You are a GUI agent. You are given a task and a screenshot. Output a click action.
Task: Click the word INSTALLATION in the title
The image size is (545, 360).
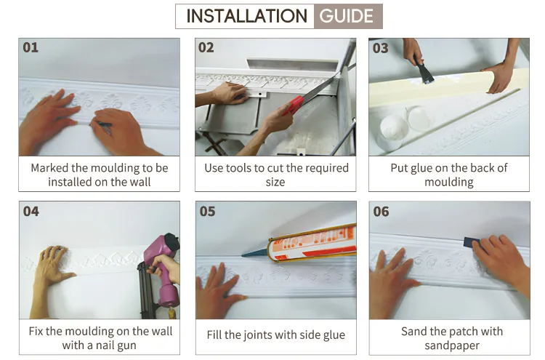(x=246, y=16)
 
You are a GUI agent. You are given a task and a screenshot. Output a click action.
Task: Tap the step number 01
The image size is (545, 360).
(x=31, y=48)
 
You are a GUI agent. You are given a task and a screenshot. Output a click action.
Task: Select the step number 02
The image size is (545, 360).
(x=206, y=48)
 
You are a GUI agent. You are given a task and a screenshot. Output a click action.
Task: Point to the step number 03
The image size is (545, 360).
(x=380, y=48)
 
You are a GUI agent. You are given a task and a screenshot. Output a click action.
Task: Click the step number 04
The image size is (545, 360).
(x=31, y=212)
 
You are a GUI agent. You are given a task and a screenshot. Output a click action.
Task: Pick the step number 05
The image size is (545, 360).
(x=206, y=212)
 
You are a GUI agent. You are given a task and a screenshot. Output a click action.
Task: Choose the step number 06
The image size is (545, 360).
(x=381, y=212)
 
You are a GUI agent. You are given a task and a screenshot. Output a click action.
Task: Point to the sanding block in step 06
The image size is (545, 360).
(x=477, y=241)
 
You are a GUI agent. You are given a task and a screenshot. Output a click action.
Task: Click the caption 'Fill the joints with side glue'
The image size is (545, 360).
(x=275, y=335)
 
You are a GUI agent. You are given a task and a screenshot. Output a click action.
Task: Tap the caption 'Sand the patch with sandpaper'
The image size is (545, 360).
(x=451, y=338)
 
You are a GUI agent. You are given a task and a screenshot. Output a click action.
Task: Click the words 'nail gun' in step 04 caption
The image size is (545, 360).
(x=116, y=345)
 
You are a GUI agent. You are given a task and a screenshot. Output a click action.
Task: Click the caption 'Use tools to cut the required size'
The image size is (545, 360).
(x=275, y=175)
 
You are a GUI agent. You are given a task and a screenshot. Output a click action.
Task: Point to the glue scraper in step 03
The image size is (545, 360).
(x=424, y=73)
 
